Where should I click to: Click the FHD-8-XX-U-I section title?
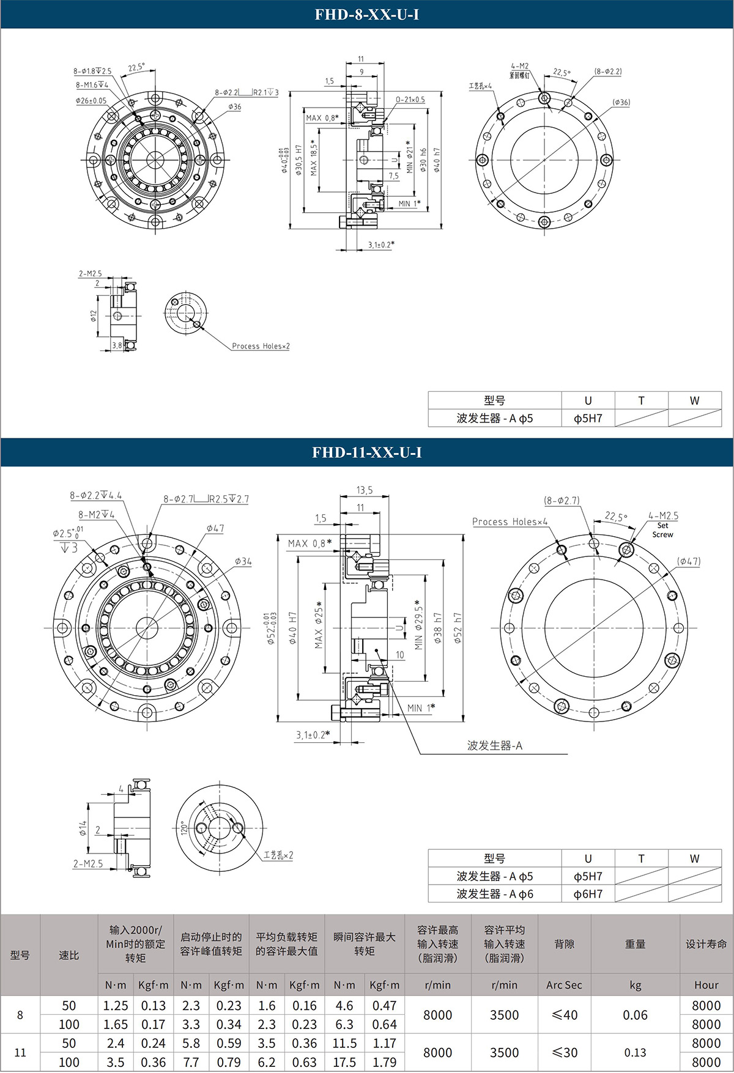pyautogui.click(x=366, y=14)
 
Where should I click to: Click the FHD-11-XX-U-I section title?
pyautogui.click(x=366, y=452)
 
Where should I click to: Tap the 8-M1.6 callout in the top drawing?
pyautogui.click(x=92, y=85)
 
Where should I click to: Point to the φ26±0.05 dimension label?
pyautogui.click(x=91, y=100)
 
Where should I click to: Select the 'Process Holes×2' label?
pyautogui.click(x=261, y=346)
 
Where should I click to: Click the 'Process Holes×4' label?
pyautogui.click(x=510, y=522)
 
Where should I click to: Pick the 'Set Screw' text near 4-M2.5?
pyautogui.click(x=662, y=530)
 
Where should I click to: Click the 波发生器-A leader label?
pyautogui.click(x=494, y=745)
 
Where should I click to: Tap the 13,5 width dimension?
pyautogui.click(x=365, y=490)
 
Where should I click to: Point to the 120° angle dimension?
pyautogui.click(x=182, y=828)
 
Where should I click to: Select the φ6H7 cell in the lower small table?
pyautogui.click(x=588, y=894)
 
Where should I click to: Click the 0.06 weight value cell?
pyautogui.click(x=635, y=1015)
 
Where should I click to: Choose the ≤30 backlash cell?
pyautogui.click(x=564, y=1053)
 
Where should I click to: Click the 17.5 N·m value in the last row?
pyautogui.click(x=344, y=1063)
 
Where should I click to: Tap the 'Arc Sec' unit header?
pyautogui.click(x=564, y=985)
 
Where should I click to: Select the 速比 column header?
pyautogui.click(x=69, y=955)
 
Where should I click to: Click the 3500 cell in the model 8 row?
pyautogui.click(x=504, y=1015)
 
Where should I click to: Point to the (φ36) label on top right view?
pyautogui.click(x=621, y=102)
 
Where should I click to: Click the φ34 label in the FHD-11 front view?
pyautogui.click(x=242, y=561)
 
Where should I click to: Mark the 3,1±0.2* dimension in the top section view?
pyautogui.click(x=380, y=245)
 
